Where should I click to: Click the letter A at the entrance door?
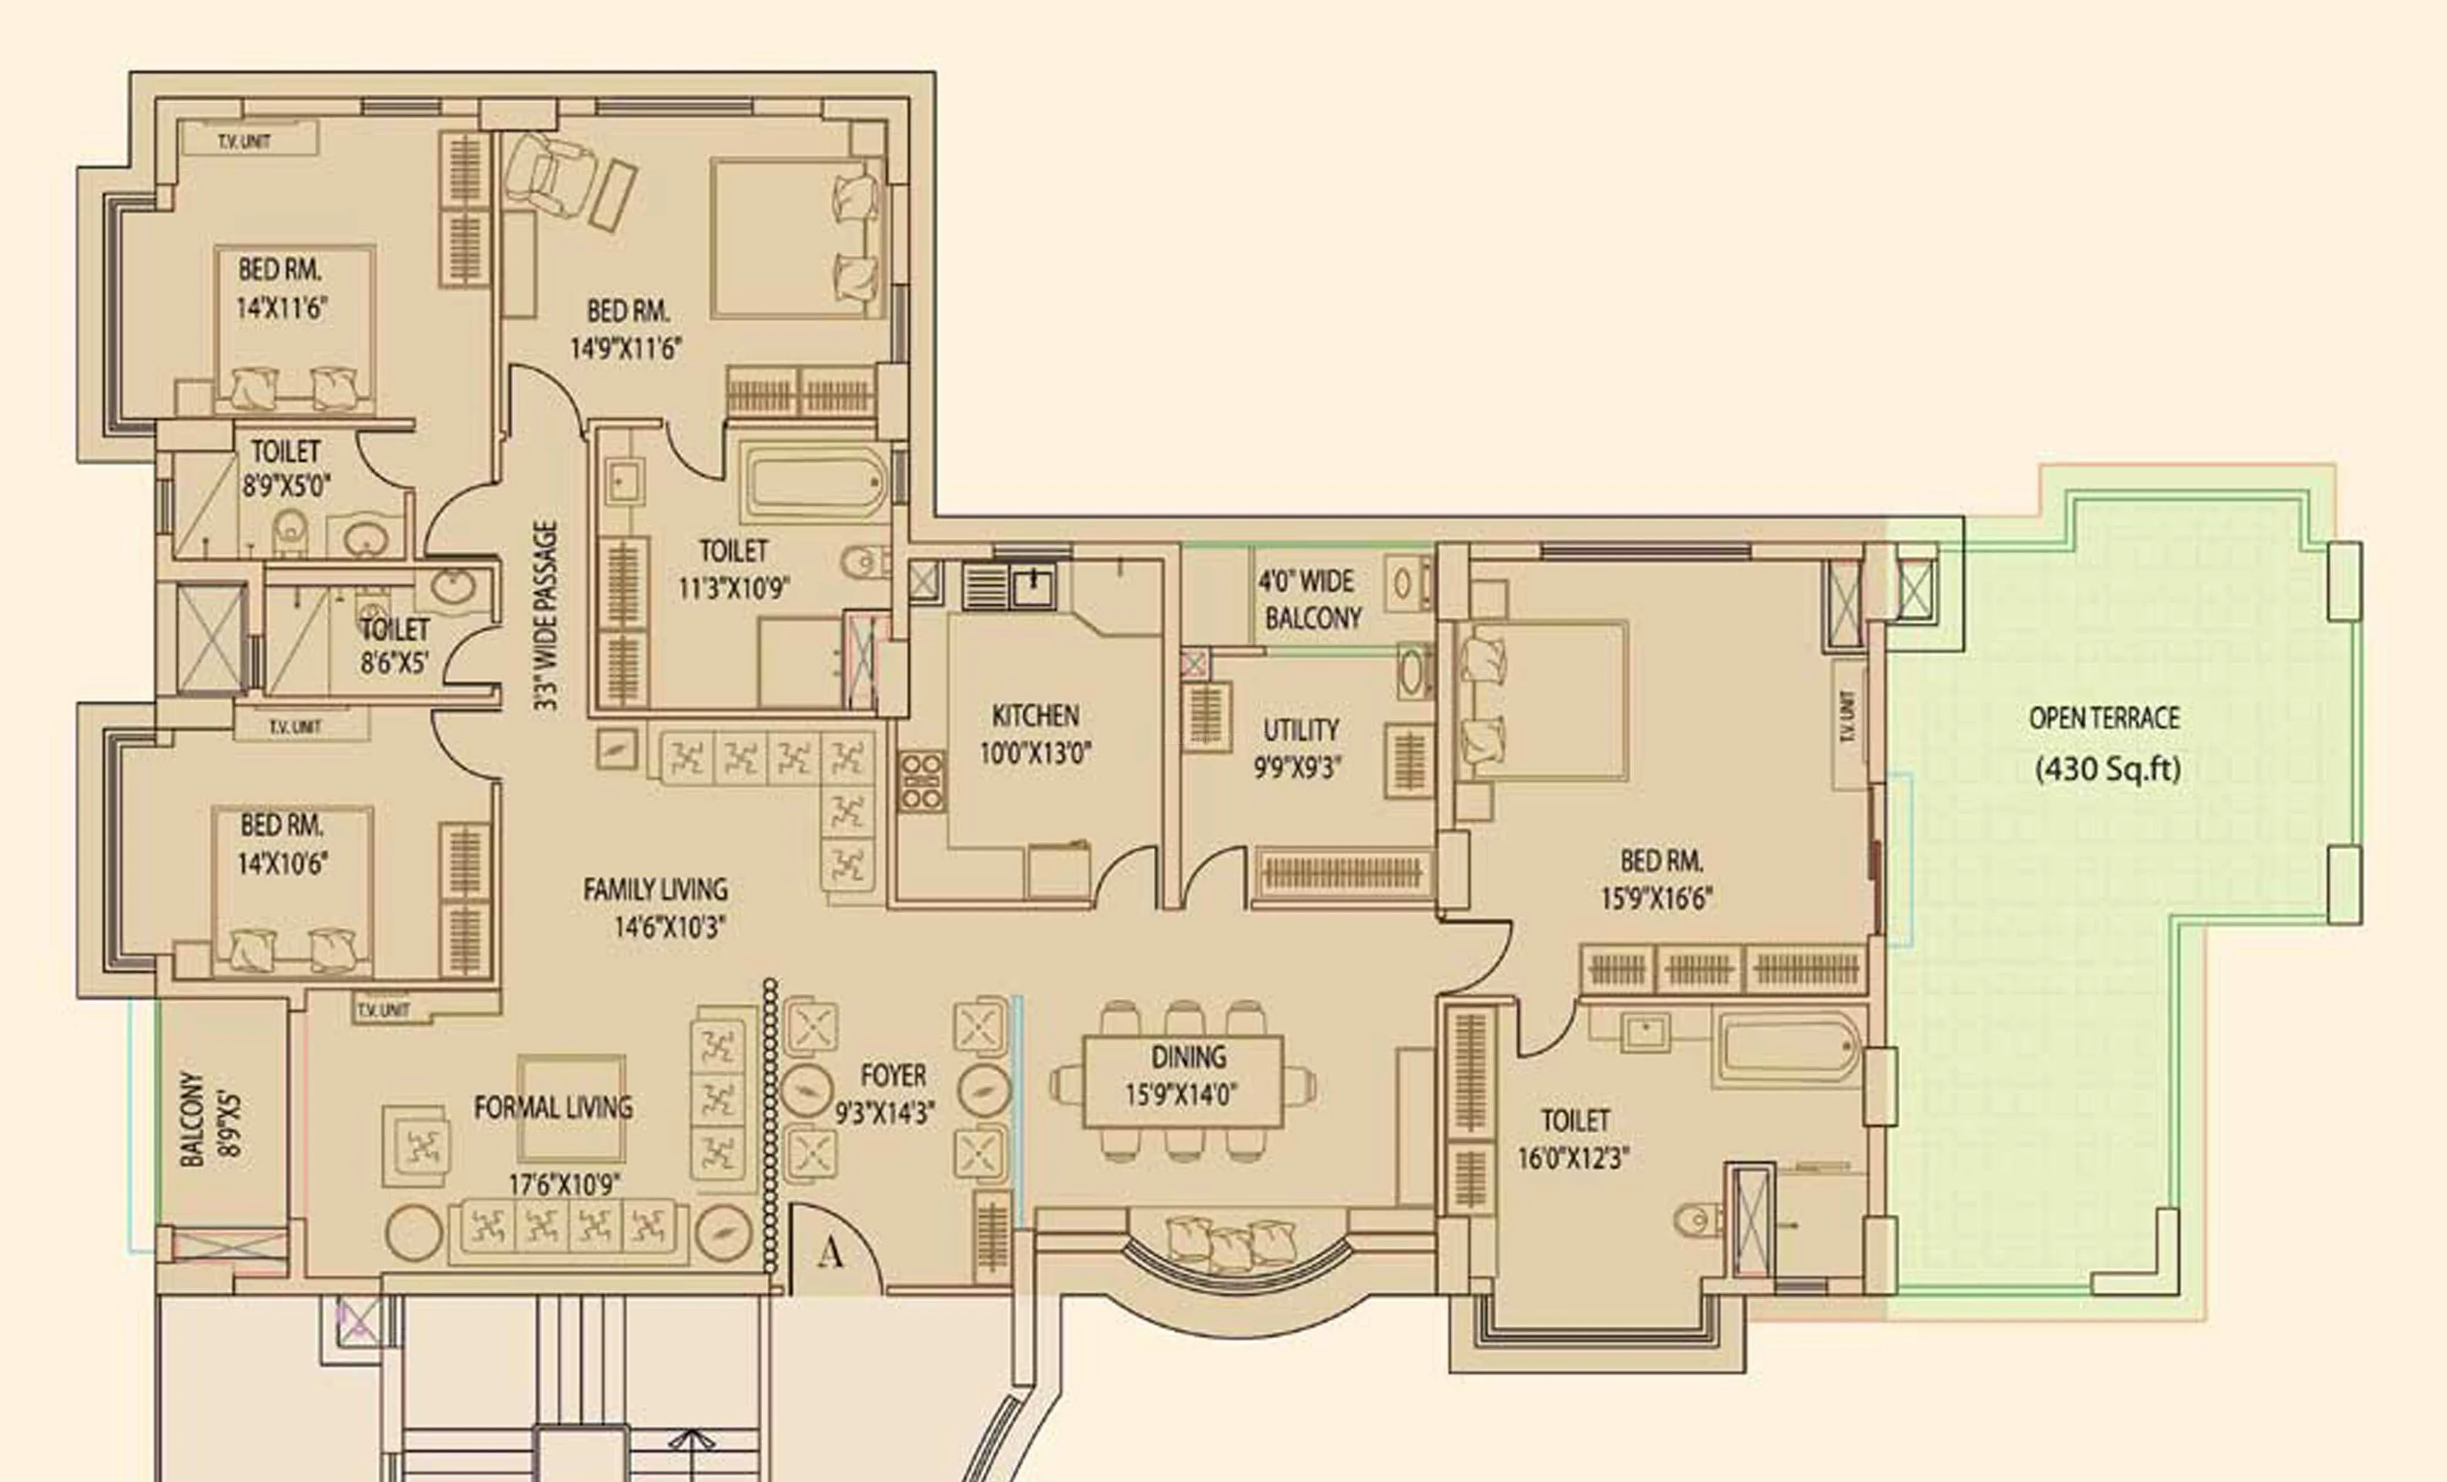coord(830,1254)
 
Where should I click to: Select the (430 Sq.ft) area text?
coord(2108,769)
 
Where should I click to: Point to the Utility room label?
coord(1300,731)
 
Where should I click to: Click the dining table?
coord(1182,1081)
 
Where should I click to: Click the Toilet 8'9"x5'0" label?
coord(286,468)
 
